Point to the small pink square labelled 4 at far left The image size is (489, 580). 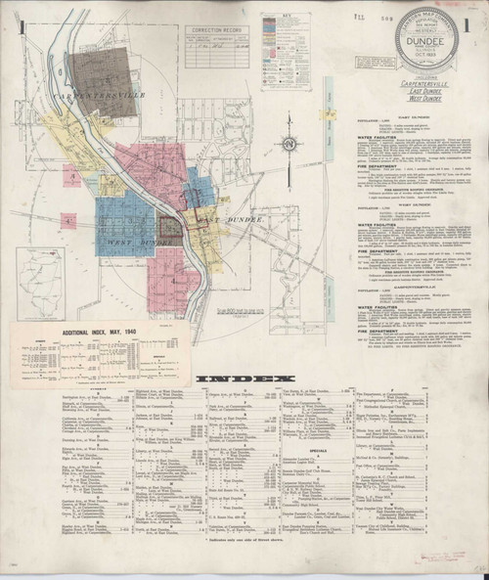point(67,221)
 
